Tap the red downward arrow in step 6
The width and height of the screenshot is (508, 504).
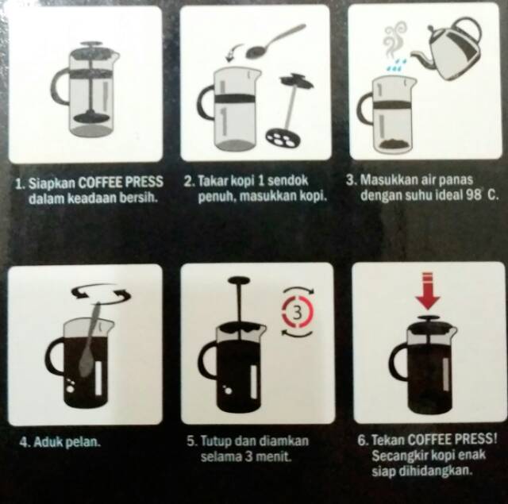coord(427,290)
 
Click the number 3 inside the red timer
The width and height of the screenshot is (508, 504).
coord(298,313)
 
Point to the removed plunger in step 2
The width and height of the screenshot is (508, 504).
coord(291,110)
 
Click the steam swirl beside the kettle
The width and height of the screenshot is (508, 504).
coord(394,38)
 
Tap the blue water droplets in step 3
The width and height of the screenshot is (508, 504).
coord(397,65)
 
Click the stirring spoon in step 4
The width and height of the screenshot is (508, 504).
coord(90,340)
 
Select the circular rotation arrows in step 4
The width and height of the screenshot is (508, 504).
coord(101,293)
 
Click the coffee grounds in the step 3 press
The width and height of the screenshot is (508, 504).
coord(393,144)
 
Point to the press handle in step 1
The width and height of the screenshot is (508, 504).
coord(58,87)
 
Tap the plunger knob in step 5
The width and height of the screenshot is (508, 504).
coord(239,280)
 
